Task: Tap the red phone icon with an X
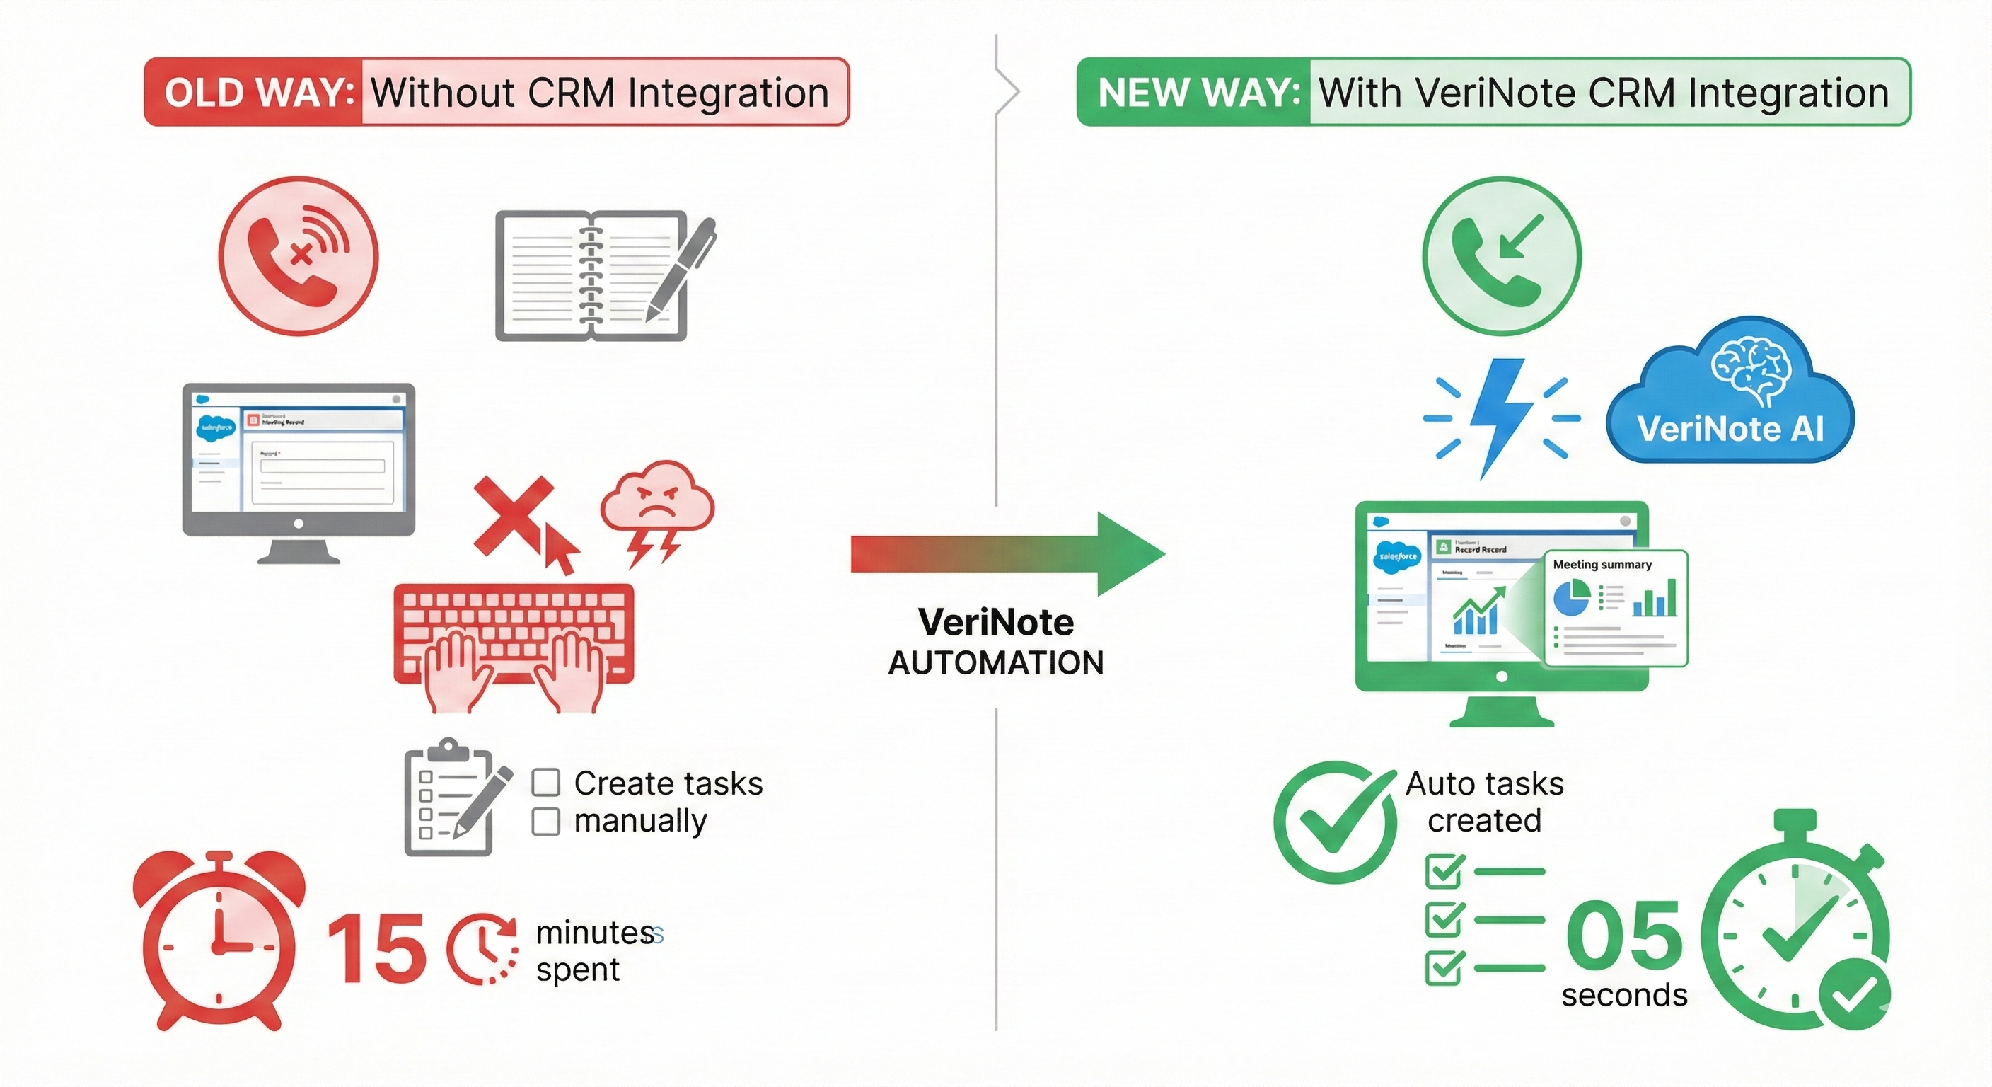(x=299, y=256)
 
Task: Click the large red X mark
(x=513, y=514)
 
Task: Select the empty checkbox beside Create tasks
(x=546, y=783)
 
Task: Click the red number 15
(x=376, y=949)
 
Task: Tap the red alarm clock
(x=219, y=940)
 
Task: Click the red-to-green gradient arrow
(x=1005, y=554)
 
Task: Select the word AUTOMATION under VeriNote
(x=996, y=663)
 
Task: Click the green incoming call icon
(x=1502, y=256)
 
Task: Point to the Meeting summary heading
(x=1602, y=565)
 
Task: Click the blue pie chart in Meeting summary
(x=1571, y=599)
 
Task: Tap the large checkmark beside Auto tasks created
(x=1336, y=822)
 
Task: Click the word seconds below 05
(x=1624, y=996)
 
